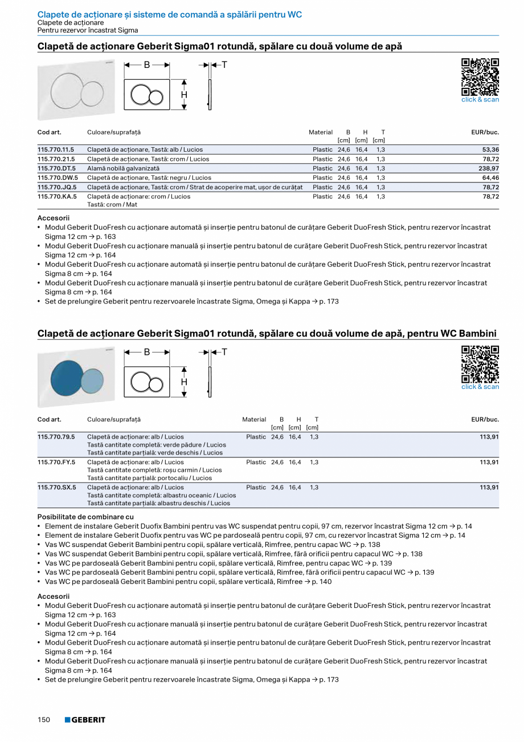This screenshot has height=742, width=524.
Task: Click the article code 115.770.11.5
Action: (56, 150)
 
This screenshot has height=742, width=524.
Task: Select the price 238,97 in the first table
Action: (488, 169)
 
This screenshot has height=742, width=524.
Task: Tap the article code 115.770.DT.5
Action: (56, 169)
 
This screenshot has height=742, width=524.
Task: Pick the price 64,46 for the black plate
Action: (490, 178)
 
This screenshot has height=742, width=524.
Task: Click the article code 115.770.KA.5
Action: (57, 197)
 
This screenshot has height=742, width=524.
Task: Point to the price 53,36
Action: (490, 150)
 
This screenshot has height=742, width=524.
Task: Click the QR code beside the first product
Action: (480, 77)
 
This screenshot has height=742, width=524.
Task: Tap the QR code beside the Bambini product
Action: (480, 364)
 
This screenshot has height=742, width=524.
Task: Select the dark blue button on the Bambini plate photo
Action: (66, 378)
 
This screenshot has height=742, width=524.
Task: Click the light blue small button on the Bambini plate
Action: (92, 379)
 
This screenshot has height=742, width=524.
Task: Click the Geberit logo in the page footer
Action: (85, 720)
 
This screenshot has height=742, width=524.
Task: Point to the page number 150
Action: (44, 720)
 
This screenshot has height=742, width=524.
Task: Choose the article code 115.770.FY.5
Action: (56, 463)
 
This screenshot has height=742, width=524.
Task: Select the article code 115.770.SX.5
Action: (56, 488)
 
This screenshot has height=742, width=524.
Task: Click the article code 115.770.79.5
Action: (56, 437)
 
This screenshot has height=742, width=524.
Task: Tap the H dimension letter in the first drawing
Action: (184, 95)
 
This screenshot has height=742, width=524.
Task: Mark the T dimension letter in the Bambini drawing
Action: (224, 352)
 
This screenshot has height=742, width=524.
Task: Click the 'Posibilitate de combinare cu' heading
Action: (85, 517)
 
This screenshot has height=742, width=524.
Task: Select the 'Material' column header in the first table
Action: (320, 132)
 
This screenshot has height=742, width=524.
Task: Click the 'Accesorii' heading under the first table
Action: (53, 218)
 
